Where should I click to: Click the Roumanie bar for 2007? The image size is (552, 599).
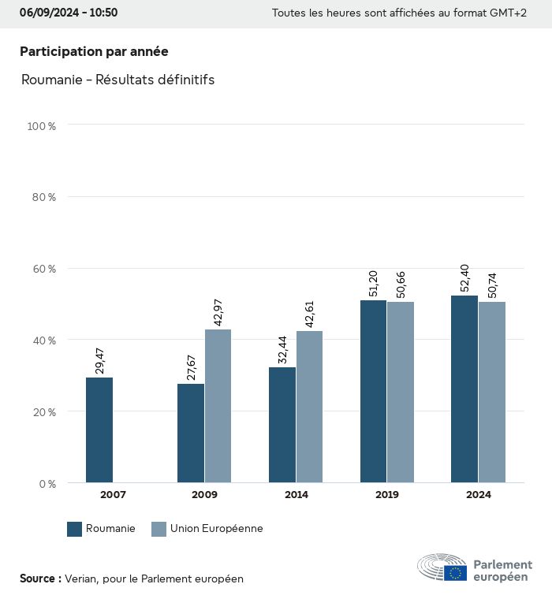coord(99,430)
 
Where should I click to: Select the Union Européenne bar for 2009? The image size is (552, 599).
coord(218,406)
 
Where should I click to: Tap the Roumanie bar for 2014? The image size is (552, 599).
coord(282,425)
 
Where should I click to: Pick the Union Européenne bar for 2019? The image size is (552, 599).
coord(401,392)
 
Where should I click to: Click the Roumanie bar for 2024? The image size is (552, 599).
coord(464,389)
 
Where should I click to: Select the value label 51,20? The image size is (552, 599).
coord(374,282)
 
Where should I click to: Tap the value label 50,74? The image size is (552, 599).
coord(492,284)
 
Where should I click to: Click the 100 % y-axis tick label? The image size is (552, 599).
coord(41,125)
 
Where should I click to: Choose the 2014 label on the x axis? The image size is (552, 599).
coord(296,495)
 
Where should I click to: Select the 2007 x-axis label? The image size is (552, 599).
coord(113,495)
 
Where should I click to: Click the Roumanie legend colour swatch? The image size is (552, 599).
coord(75,529)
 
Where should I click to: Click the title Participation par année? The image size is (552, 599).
coord(94,51)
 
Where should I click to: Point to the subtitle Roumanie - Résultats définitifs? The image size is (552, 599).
coord(118,80)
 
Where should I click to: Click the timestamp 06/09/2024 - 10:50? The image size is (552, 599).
coord(69,13)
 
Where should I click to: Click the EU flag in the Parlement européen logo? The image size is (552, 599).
coord(455,573)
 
